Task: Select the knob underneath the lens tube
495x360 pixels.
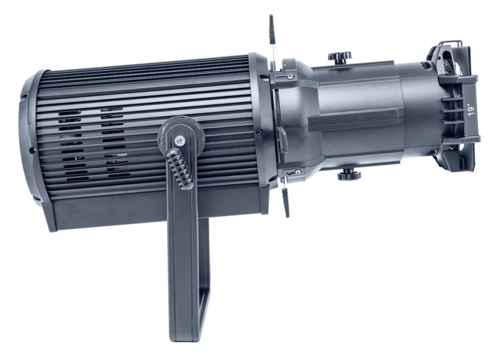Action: [349, 175]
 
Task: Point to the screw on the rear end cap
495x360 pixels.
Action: [32, 151]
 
